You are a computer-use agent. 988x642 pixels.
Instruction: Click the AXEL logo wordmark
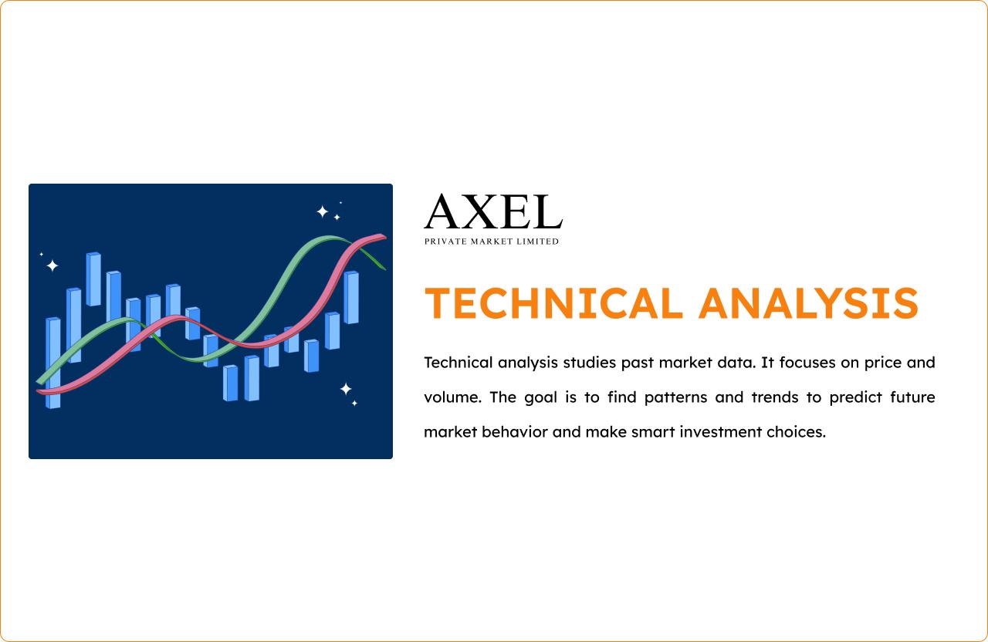(x=493, y=211)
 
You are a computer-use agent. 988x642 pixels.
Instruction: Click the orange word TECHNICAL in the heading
(x=553, y=303)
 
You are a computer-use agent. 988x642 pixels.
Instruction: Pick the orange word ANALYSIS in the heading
(x=808, y=303)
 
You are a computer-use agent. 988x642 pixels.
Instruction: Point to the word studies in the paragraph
(x=590, y=363)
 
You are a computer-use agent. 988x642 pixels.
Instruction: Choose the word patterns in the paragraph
(x=675, y=398)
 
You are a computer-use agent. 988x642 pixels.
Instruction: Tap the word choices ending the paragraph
(x=796, y=431)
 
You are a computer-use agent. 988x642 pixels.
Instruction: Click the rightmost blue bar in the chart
(x=351, y=297)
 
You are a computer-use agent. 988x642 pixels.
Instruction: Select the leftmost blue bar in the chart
(x=53, y=363)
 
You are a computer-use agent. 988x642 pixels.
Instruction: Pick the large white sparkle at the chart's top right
(x=323, y=211)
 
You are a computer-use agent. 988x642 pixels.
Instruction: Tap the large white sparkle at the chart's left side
(x=52, y=265)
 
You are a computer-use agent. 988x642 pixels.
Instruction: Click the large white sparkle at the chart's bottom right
(x=346, y=389)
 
